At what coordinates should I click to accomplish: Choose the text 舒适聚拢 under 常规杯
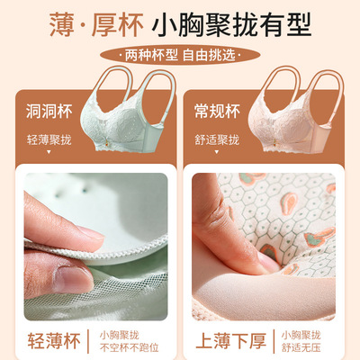(x=220, y=140)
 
